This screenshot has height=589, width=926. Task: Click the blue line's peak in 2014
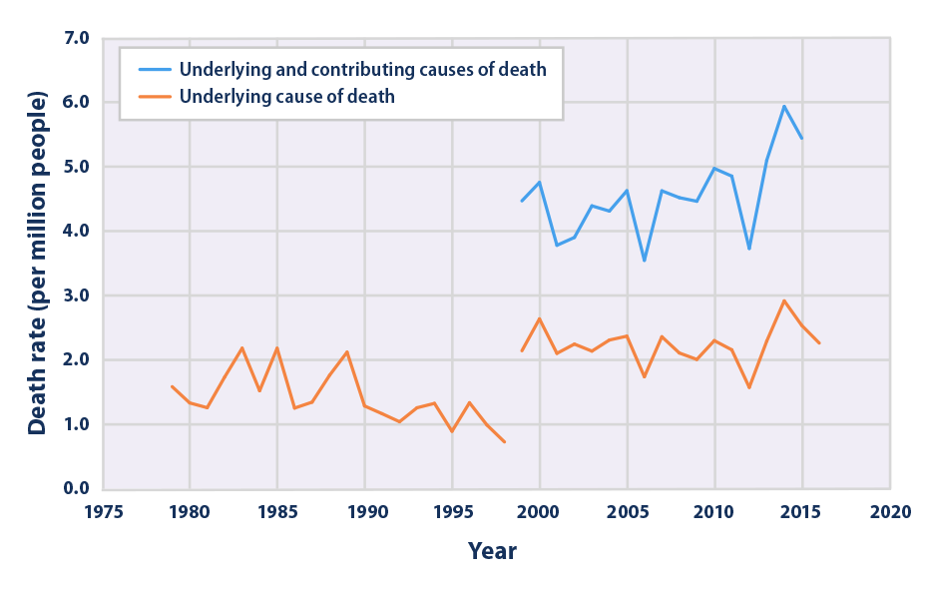[x=784, y=106]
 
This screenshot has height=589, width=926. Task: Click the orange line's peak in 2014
[x=784, y=300]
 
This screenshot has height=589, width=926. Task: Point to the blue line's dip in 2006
[x=645, y=261]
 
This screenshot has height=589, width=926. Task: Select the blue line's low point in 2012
[x=749, y=249]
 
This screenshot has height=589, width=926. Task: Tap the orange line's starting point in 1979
[x=173, y=386]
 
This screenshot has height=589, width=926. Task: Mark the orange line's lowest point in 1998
[x=505, y=441]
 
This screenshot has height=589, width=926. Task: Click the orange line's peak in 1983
[x=242, y=347]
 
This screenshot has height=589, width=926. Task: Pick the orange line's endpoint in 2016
[x=819, y=343]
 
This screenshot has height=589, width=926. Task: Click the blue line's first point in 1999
[x=522, y=202]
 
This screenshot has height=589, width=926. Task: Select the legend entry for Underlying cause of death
[x=286, y=97]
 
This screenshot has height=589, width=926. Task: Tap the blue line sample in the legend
[x=150, y=69]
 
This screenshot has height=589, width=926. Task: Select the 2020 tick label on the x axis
[x=889, y=510]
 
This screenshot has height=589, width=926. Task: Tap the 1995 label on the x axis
[x=452, y=510]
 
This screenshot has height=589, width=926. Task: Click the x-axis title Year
[x=492, y=550]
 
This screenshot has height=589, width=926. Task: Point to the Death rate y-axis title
[x=37, y=264]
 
